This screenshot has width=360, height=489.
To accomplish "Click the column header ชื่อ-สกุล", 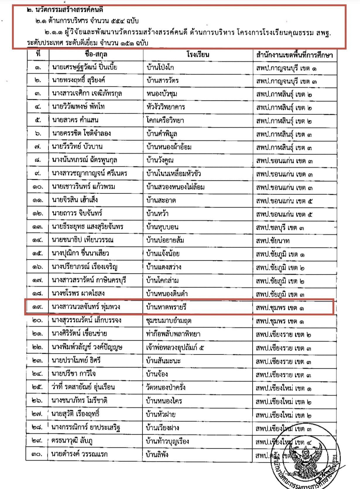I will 96,54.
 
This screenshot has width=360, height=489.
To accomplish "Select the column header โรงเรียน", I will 198,54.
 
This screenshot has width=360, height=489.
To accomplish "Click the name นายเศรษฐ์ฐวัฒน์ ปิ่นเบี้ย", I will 85,67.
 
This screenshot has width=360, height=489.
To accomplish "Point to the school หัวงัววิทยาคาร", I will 166,107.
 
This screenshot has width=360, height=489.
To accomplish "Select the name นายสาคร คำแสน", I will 75,120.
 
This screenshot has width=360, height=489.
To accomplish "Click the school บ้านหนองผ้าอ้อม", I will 169,147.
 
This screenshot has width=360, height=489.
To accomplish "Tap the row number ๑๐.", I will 38,187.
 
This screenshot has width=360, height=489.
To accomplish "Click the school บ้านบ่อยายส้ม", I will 165,240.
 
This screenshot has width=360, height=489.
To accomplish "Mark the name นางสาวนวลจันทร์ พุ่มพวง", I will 86,307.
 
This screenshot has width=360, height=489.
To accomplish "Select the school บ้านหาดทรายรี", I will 166,307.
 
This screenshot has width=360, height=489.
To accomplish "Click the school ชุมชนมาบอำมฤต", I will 169,321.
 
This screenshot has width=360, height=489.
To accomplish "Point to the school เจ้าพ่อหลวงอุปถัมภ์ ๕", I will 175,348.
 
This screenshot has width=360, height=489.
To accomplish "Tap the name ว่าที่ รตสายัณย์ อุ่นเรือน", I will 83,387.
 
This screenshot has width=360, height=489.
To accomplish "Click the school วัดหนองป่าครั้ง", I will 166,387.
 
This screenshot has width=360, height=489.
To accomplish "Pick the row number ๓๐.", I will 37,454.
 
